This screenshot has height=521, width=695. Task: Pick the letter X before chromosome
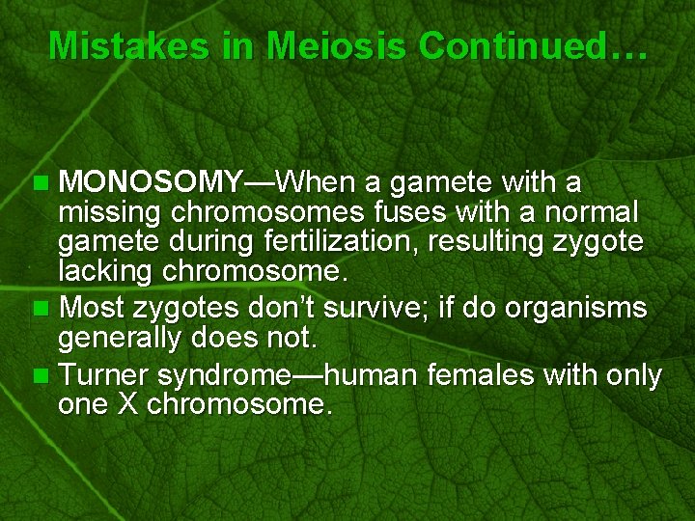[x=128, y=404]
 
